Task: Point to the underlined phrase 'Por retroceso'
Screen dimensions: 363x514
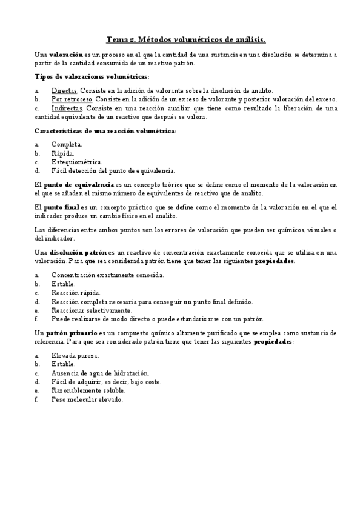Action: pos(72,99)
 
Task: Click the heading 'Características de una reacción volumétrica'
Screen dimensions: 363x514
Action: pos(104,131)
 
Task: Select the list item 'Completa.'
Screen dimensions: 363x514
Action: pos(67,144)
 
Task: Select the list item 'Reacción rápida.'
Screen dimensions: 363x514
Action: pos(76,292)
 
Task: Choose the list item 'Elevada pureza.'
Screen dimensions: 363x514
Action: pos(75,355)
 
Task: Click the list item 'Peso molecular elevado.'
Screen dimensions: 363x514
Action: pos(87,400)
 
